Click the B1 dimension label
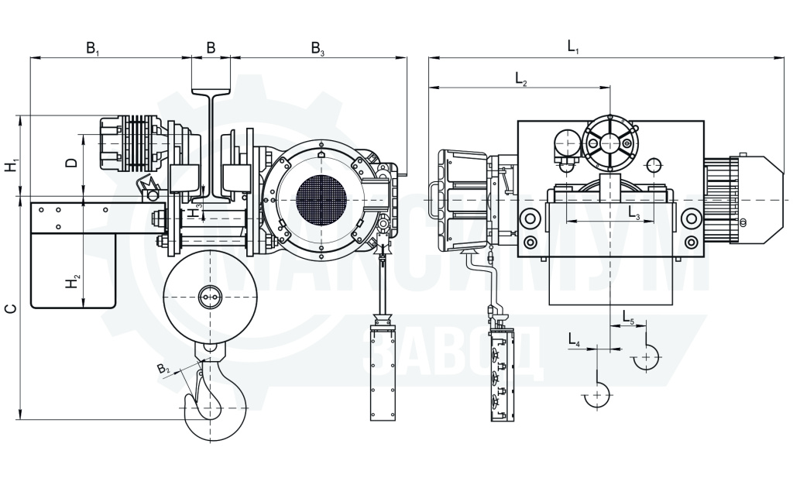coord(93,49)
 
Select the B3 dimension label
coord(318,49)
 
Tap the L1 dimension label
coord(572,48)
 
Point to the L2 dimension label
coord(521,78)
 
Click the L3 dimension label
coord(634,213)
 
